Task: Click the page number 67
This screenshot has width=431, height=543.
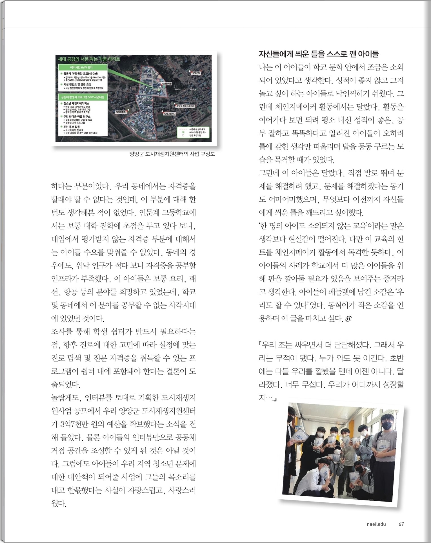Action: [401, 524]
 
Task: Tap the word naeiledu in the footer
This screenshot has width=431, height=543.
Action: [376, 524]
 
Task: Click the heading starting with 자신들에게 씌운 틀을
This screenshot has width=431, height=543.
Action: [319, 54]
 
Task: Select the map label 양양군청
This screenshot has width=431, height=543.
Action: [196, 73]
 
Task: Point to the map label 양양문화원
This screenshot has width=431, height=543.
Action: [167, 84]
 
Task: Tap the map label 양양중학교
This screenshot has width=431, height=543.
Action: [121, 112]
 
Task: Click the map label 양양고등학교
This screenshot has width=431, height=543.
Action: [170, 114]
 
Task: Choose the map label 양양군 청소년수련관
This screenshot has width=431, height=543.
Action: [185, 106]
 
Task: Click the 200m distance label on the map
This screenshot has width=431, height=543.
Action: [178, 89]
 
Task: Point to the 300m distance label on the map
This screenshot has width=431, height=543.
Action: [193, 89]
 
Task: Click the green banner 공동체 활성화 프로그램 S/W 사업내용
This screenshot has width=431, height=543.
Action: [83, 97]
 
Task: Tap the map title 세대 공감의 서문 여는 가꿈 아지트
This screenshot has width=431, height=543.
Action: [89, 59]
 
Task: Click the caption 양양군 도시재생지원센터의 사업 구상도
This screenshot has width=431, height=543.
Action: [172, 154]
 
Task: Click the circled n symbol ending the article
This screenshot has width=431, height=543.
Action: [348, 319]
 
